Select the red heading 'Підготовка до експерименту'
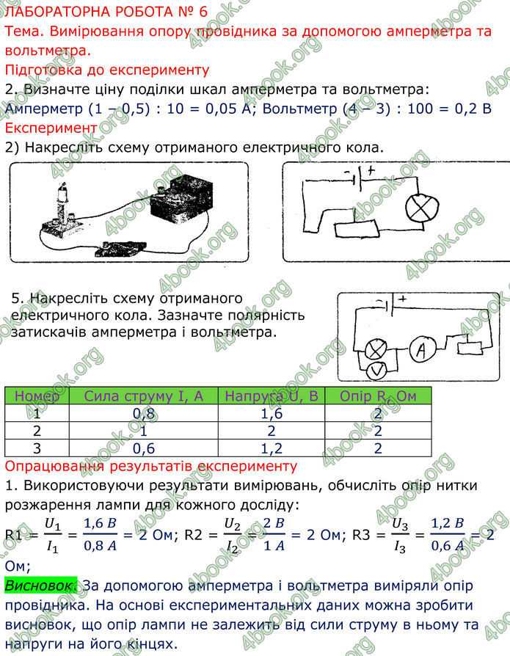point(107,70)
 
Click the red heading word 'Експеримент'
point(51,128)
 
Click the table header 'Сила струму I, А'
point(144,396)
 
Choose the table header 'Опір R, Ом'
point(378,396)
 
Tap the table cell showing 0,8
point(144,414)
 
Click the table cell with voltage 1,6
point(272,414)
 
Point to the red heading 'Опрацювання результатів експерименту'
point(150,466)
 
